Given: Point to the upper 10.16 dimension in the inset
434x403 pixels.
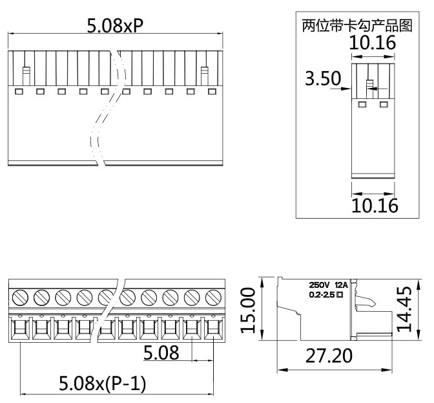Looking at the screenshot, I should pos(373,44).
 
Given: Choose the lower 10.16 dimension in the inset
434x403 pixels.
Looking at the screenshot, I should pos(374,205).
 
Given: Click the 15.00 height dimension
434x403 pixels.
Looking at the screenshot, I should pos(248,310).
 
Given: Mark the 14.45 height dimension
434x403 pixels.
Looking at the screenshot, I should pos(406,310).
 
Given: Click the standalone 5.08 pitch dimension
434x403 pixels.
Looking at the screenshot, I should pos(161,353).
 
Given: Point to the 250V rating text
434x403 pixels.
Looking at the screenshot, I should pos(319,285).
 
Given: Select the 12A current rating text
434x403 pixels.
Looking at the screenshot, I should pos(341,285).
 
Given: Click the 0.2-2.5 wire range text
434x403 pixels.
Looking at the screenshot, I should pos(321,295).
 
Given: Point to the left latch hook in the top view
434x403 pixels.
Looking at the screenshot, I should pos(26,74).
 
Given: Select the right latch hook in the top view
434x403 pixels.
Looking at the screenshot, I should pos(205,74).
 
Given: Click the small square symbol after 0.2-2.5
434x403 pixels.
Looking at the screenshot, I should pos(339,295).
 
